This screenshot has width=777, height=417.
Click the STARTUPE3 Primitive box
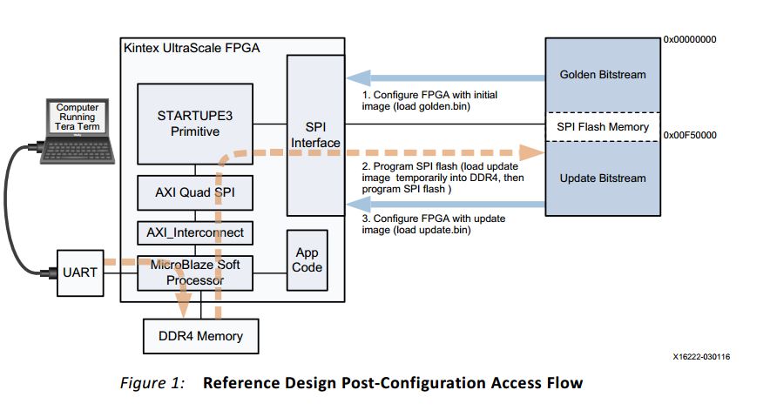[194, 123]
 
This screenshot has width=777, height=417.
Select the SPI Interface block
[316, 135]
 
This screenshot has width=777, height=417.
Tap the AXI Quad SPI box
[194, 192]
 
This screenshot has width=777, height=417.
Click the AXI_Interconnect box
[194, 233]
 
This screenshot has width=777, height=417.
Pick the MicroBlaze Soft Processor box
[194, 273]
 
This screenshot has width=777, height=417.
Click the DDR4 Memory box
[200, 335]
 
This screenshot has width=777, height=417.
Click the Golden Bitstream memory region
[602, 75]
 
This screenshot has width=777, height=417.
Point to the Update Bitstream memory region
[602, 178]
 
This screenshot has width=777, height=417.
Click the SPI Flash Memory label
[602, 127]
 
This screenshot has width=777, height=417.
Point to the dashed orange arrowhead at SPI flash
[532, 151]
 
